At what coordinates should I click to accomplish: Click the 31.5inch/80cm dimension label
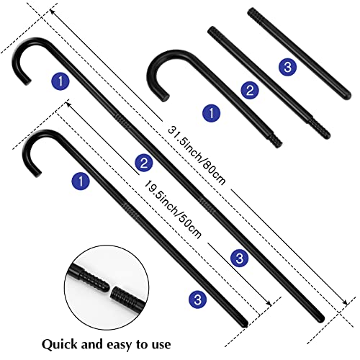tap(197, 156)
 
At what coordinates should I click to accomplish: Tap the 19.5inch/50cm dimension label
tap(172, 210)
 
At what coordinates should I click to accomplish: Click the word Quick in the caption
tap(60, 345)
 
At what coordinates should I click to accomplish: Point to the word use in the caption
tap(161, 345)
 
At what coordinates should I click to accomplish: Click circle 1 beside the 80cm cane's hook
tap(60, 81)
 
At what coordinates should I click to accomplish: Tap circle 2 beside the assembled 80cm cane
tap(144, 163)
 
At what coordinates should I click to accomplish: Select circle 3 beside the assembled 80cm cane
tap(239, 258)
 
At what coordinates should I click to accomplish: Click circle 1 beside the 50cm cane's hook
tap(81, 181)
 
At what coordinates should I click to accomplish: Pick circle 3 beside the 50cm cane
tap(197, 300)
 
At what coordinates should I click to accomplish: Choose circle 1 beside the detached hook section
tap(212, 113)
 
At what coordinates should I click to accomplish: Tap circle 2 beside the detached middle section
tap(250, 91)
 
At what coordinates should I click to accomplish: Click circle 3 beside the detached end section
tap(287, 67)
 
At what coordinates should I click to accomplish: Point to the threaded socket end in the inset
tap(125, 297)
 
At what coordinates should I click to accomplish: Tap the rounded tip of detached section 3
tap(348, 96)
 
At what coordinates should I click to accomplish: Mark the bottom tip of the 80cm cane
tap(322, 319)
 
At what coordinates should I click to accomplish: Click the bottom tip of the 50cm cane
tap(245, 325)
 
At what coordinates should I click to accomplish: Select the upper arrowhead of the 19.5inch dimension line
tap(68, 104)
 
